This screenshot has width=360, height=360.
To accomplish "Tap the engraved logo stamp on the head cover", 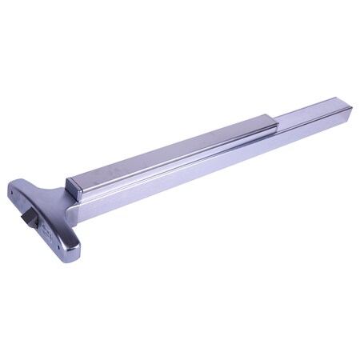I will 48,234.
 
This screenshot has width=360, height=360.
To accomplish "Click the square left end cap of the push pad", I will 74,188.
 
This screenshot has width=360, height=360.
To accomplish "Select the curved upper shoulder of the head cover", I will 40,188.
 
